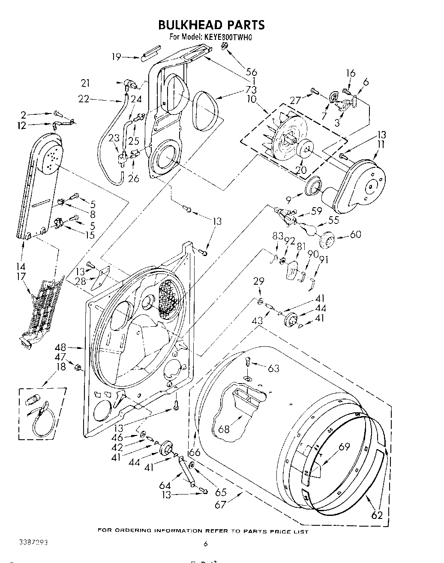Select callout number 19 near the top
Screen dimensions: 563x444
point(117,57)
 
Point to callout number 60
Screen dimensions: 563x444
point(355,234)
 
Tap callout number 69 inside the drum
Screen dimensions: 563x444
point(344,447)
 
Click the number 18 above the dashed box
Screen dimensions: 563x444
point(61,366)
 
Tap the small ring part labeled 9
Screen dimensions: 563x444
point(314,187)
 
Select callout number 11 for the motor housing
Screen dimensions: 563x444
point(380,144)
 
